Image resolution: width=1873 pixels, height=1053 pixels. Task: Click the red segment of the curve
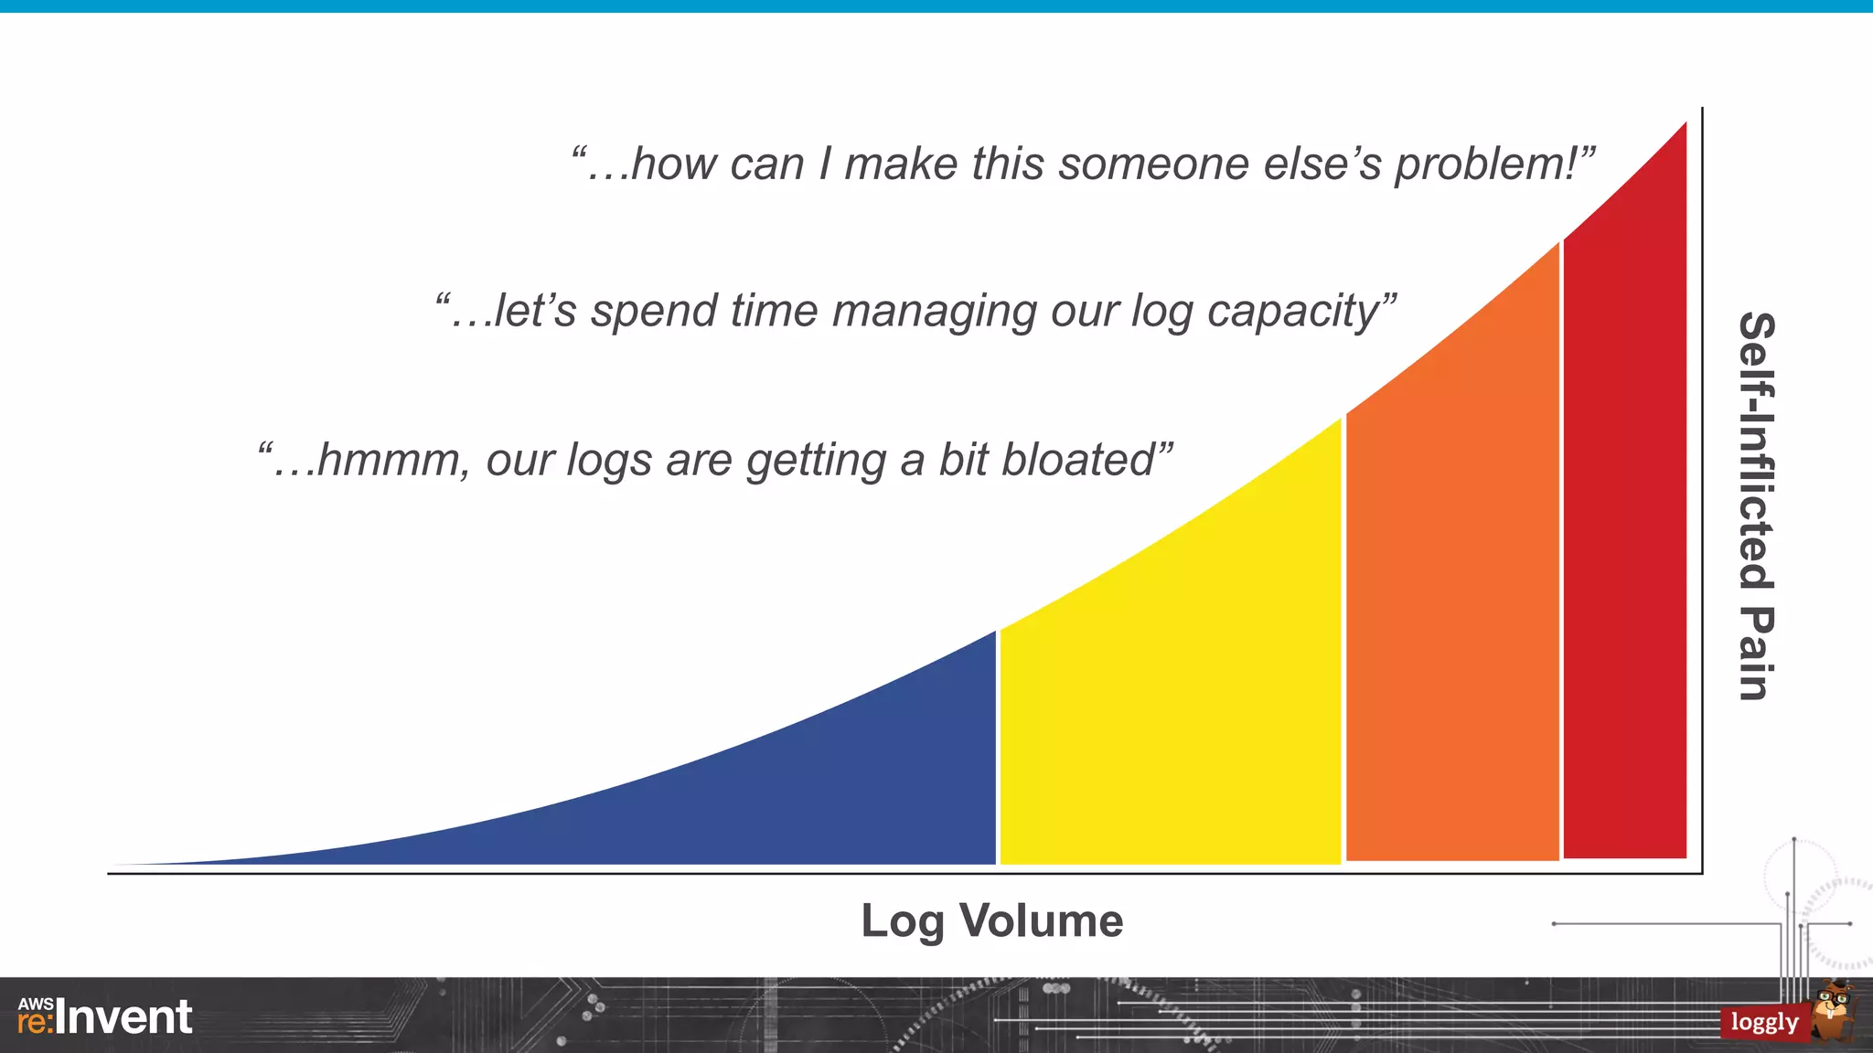[1625, 548]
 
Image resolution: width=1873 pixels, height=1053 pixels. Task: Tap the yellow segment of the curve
[1171, 713]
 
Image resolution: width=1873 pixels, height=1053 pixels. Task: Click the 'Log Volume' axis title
[991, 920]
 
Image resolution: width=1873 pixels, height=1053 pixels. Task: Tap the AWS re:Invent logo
[105, 1016]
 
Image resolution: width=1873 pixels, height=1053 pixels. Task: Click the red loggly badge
[1764, 1022]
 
